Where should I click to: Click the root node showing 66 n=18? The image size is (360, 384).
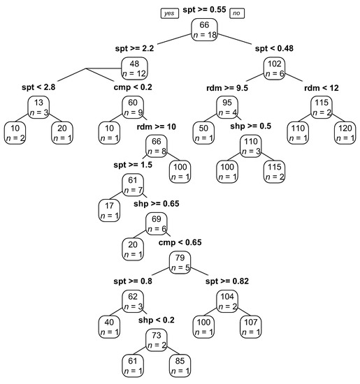pyautogui.click(x=204, y=29)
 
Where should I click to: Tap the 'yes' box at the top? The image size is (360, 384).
pyautogui.click(x=169, y=13)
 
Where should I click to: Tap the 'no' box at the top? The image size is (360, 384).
pyautogui.click(x=238, y=13)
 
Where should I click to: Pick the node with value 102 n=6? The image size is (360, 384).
pyautogui.click(x=273, y=68)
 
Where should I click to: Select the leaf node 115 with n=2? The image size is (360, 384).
pyautogui.click(x=274, y=171)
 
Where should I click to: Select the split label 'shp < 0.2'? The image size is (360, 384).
pyautogui.click(x=155, y=320)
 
